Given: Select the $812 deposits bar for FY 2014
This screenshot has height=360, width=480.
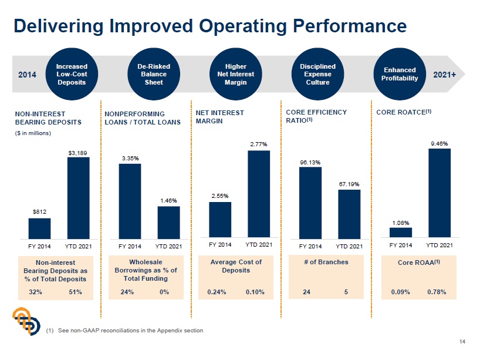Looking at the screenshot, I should [x=39, y=227].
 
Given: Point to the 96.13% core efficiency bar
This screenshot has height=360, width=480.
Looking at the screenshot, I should [x=310, y=201].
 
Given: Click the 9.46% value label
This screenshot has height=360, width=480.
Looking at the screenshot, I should [x=440, y=143].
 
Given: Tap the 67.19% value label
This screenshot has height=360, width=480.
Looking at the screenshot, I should [x=349, y=184].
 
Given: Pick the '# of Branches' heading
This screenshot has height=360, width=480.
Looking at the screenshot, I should [x=326, y=262].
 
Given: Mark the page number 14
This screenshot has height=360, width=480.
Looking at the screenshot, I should [x=462, y=342].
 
